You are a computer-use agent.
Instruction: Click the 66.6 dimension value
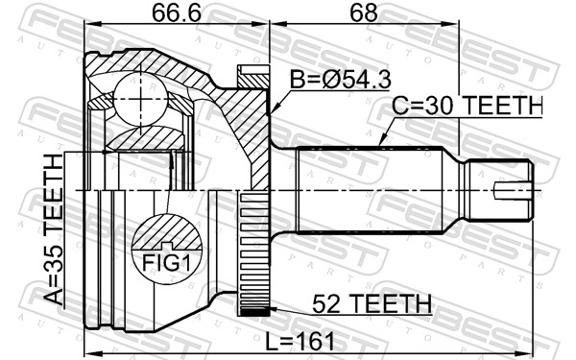tap(177, 13)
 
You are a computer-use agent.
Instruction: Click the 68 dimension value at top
tap(364, 13)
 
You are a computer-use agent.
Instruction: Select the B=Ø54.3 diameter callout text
tap(340, 80)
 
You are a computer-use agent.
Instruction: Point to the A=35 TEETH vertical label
tap(54, 229)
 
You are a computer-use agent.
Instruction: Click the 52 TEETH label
tap(372, 304)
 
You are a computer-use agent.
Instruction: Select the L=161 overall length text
tap(300, 341)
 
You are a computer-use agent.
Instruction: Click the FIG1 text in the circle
tap(167, 263)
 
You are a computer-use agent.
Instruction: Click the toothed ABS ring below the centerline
tap(254, 253)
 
